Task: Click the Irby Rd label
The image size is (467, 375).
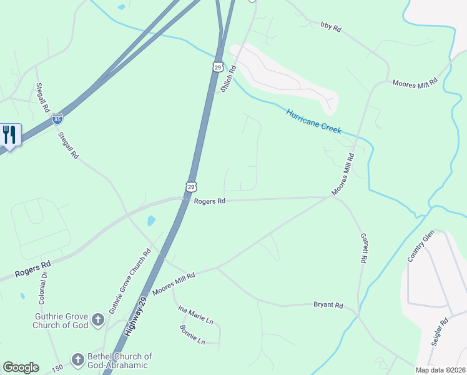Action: point(331,27)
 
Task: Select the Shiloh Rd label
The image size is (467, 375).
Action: point(228,79)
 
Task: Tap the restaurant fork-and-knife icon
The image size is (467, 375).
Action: point(9,134)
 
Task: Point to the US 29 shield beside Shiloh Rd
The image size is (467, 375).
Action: point(217,66)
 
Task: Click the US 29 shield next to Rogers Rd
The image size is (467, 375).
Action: point(191,186)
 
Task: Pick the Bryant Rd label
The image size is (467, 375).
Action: point(328,305)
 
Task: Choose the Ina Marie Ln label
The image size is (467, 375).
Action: point(196,315)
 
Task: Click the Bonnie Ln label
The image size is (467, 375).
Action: point(192,334)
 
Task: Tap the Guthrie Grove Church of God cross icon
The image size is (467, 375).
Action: point(97,321)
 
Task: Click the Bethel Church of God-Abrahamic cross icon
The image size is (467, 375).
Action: point(77,359)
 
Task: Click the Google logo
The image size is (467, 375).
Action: point(21,367)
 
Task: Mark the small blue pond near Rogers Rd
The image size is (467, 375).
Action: point(151,221)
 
